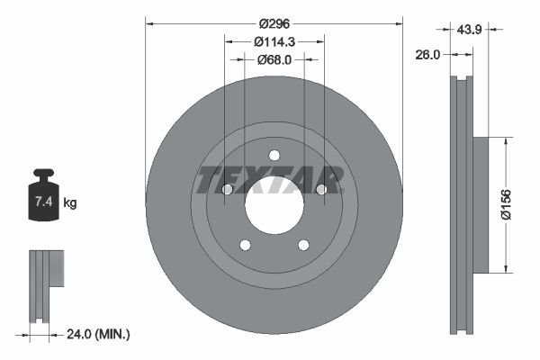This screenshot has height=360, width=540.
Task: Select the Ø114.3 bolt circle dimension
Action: (274, 41)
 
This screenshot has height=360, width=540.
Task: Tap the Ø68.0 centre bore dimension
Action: (274, 59)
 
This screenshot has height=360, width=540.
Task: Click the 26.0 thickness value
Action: (428, 54)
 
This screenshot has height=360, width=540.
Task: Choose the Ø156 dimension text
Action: (506, 203)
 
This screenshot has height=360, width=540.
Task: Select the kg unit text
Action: (70, 203)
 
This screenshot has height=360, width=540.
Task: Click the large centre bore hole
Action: (274, 205)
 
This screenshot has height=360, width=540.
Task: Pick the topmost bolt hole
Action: (274, 154)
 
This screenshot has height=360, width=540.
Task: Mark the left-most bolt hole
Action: (227, 189)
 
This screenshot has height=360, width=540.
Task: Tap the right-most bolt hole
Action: (321, 189)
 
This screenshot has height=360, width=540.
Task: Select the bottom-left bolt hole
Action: (245, 244)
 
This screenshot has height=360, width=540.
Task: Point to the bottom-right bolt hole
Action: (303, 244)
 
